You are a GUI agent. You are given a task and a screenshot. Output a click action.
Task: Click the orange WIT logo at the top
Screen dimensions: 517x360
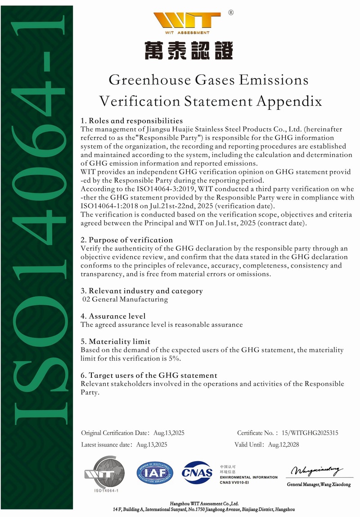(186, 21)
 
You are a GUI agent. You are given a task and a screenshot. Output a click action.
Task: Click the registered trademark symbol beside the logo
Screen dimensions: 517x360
(231, 13)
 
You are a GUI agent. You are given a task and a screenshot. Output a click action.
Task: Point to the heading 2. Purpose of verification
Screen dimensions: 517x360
(126, 240)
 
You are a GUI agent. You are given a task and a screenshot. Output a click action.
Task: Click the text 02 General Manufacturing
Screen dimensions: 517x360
(125, 299)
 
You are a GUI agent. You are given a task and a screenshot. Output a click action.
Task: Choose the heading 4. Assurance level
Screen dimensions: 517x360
(113, 316)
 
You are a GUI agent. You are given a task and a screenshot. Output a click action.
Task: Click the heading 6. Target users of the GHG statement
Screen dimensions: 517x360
(148, 375)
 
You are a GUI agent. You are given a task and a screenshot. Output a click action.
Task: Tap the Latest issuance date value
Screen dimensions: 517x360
(152, 444)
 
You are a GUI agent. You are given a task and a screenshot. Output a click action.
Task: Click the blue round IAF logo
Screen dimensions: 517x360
(155, 472)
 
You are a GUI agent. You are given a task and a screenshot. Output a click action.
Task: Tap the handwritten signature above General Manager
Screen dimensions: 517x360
(317, 471)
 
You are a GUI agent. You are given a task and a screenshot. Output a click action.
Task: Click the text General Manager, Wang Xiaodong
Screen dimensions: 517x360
(319, 485)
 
